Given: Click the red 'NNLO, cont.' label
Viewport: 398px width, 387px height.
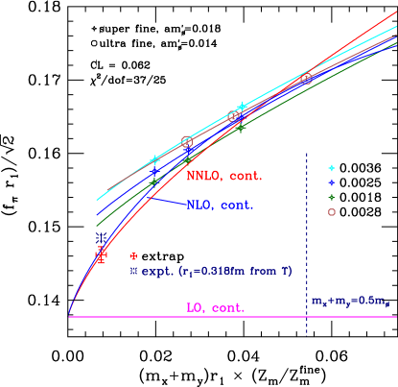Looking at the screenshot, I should coord(224,176).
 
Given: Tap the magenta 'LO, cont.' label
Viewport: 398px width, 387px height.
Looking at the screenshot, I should coord(215,308).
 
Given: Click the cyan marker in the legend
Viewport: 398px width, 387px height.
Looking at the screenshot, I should coord(331,168).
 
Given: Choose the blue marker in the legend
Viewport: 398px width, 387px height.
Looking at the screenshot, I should coord(331,182).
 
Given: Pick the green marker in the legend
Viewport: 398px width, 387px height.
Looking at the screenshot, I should coord(331,197).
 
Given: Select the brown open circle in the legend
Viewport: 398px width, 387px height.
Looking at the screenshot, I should coord(331,211).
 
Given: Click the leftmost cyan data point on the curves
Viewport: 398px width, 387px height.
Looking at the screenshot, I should coord(155,159).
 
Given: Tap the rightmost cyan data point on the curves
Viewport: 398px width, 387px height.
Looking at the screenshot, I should coord(242,107).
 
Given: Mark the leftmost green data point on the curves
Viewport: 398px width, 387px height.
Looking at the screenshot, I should coord(153,181).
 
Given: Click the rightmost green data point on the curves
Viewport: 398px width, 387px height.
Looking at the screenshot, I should coord(242,126).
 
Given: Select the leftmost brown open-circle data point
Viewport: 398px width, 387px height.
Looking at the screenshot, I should coord(187,142).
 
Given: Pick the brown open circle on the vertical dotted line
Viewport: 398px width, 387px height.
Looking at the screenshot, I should coord(307,79).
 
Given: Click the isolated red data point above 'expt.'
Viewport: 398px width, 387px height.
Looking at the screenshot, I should coord(133,256).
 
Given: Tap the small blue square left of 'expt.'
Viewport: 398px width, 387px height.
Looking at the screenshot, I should coord(134,272).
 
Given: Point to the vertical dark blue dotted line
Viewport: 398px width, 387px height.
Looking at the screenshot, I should coord(307,240).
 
